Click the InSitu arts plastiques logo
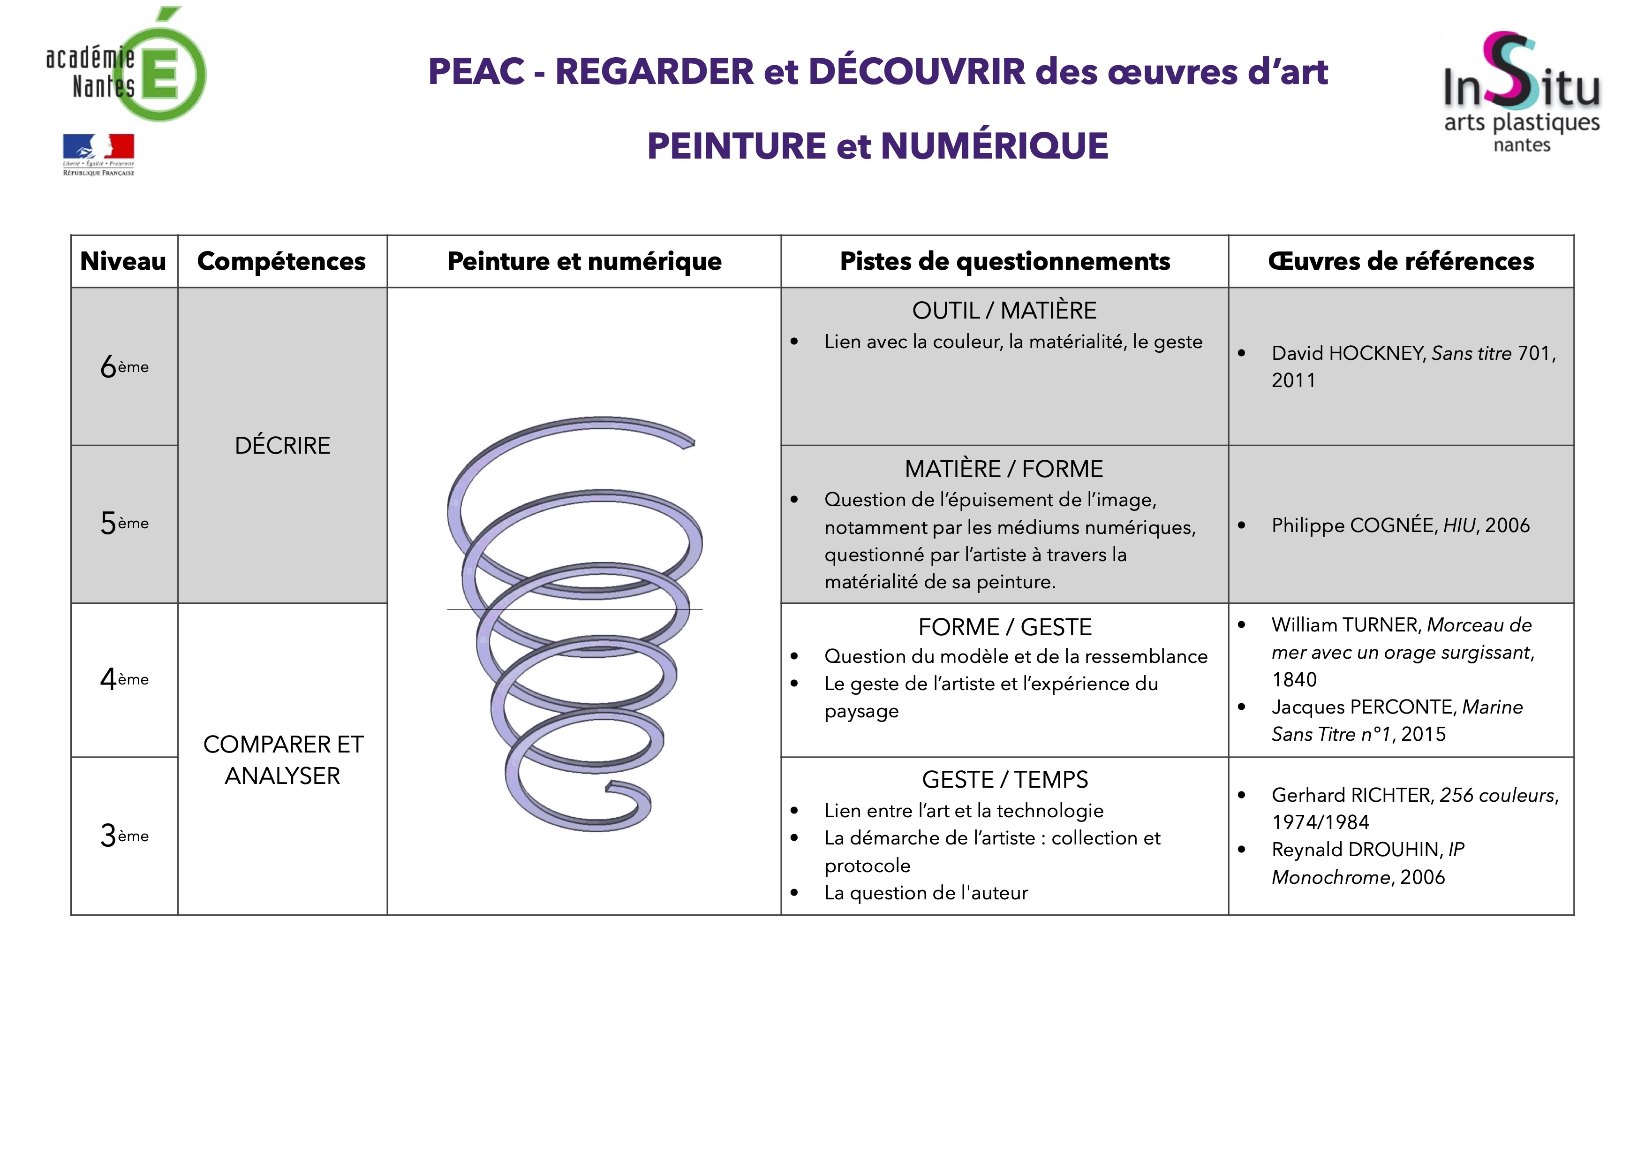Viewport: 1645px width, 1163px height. tap(1521, 92)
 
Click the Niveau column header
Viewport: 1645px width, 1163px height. tap(123, 261)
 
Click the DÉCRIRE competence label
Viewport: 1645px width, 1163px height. tap(282, 445)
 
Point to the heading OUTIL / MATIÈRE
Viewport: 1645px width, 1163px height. tap(1004, 310)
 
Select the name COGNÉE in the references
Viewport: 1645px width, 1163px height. tap(1394, 525)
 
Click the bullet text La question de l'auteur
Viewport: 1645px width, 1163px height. tap(926, 893)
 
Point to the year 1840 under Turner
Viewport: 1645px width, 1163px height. tap(1294, 679)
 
